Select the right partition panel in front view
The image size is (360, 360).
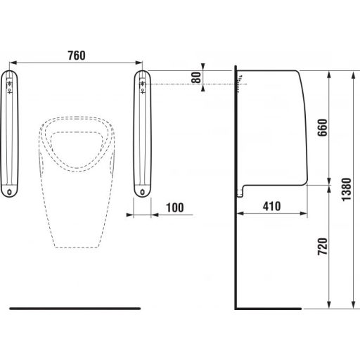144,134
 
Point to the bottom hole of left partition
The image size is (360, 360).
9,189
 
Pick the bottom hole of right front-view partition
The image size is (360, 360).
144,189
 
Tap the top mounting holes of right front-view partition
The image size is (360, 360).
144,84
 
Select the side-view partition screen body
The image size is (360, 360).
274,127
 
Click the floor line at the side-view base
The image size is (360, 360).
271,309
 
